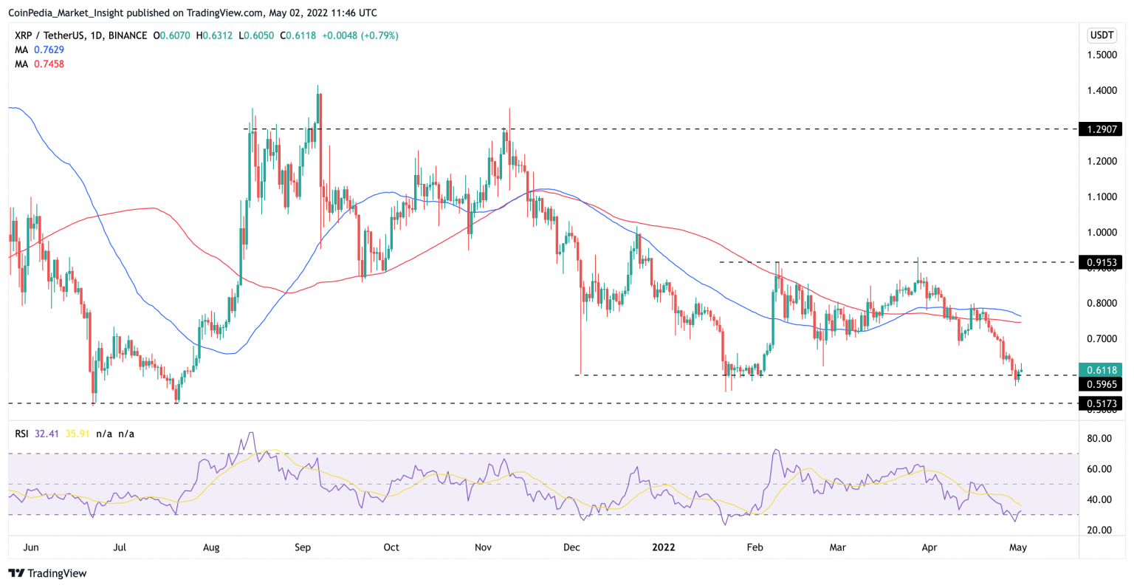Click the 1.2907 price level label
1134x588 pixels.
coord(1100,129)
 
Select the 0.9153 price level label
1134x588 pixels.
coord(1100,262)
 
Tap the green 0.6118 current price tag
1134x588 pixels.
coord(1100,370)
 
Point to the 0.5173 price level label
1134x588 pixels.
coord(1100,403)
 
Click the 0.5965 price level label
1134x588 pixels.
coord(1100,384)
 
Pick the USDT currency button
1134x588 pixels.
coord(1102,35)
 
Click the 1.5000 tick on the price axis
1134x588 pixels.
coord(1101,55)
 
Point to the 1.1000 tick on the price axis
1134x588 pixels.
coord(1101,197)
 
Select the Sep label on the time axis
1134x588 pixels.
coord(303,547)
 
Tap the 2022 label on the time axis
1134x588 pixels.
coord(664,547)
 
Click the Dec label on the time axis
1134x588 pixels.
coord(571,547)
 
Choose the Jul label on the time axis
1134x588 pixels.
coord(120,547)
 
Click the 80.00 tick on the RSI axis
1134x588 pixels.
coord(1100,439)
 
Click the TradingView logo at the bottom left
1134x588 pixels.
coord(47,573)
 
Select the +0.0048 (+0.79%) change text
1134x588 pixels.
coord(360,35)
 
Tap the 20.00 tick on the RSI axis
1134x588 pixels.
coord(1100,530)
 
